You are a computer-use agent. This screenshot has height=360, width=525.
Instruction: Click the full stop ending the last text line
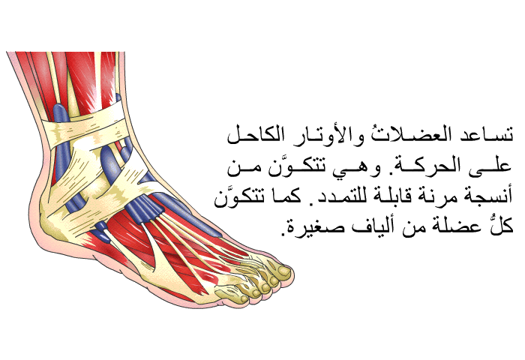tap(285, 232)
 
